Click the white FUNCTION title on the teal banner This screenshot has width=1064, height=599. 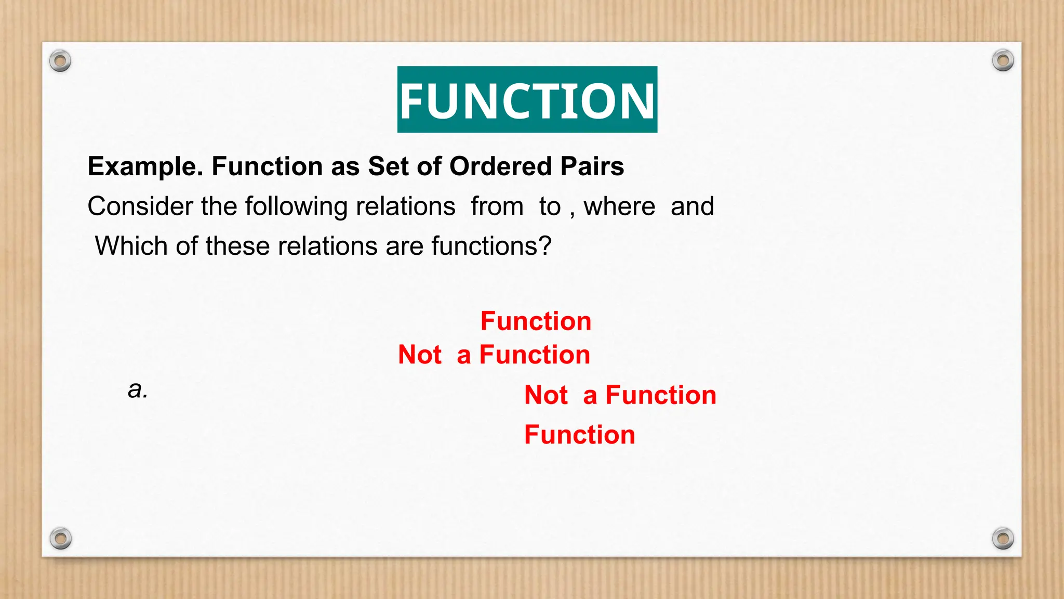tap(527, 100)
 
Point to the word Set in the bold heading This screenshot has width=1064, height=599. tap(388, 167)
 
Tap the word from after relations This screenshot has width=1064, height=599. tap(497, 206)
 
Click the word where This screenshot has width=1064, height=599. tap(619, 206)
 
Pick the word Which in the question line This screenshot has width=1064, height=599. tap(131, 246)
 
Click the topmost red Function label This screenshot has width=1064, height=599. tap(536, 321)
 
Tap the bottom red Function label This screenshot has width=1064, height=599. tap(579, 435)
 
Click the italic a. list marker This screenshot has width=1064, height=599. tap(138, 389)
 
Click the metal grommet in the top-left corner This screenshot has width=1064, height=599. tap(60, 61)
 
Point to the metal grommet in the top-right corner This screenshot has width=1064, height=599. tap(1003, 61)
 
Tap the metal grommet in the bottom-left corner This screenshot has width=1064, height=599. tap(60, 538)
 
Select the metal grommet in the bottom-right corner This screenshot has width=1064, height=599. tap(1003, 538)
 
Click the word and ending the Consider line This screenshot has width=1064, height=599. tap(692, 206)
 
